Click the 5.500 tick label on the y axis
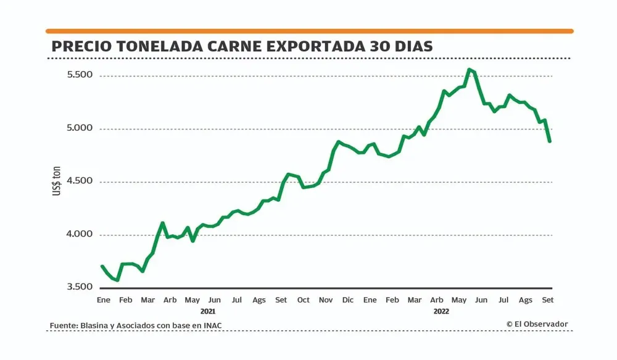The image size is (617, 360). pyautogui.click(x=80, y=75)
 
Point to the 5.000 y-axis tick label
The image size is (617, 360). pyautogui.click(x=80, y=128)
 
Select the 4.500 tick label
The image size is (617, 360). pyautogui.click(x=80, y=181)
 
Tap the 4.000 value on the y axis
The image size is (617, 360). pyautogui.click(x=80, y=234)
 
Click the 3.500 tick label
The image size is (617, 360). pyautogui.click(x=80, y=287)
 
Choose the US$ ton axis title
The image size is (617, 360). pyautogui.click(x=56, y=182)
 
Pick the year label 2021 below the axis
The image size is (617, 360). pyautogui.click(x=209, y=311)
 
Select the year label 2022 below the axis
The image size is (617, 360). pyautogui.click(x=441, y=311)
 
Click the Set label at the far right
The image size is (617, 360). pyautogui.click(x=548, y=300)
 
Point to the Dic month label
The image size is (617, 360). pyautogui.click(x=347, y=300)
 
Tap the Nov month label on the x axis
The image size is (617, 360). pyautogui.click(x=325, y=300)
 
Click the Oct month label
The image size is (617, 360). pyautogui.click(x=303, y=300)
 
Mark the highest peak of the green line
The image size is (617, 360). pyautogui.click(x=470, y=69)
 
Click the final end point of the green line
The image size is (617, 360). pyautogui.click(x=549, y=141)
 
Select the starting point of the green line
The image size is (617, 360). pyautogui.click(x=102, y=266)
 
